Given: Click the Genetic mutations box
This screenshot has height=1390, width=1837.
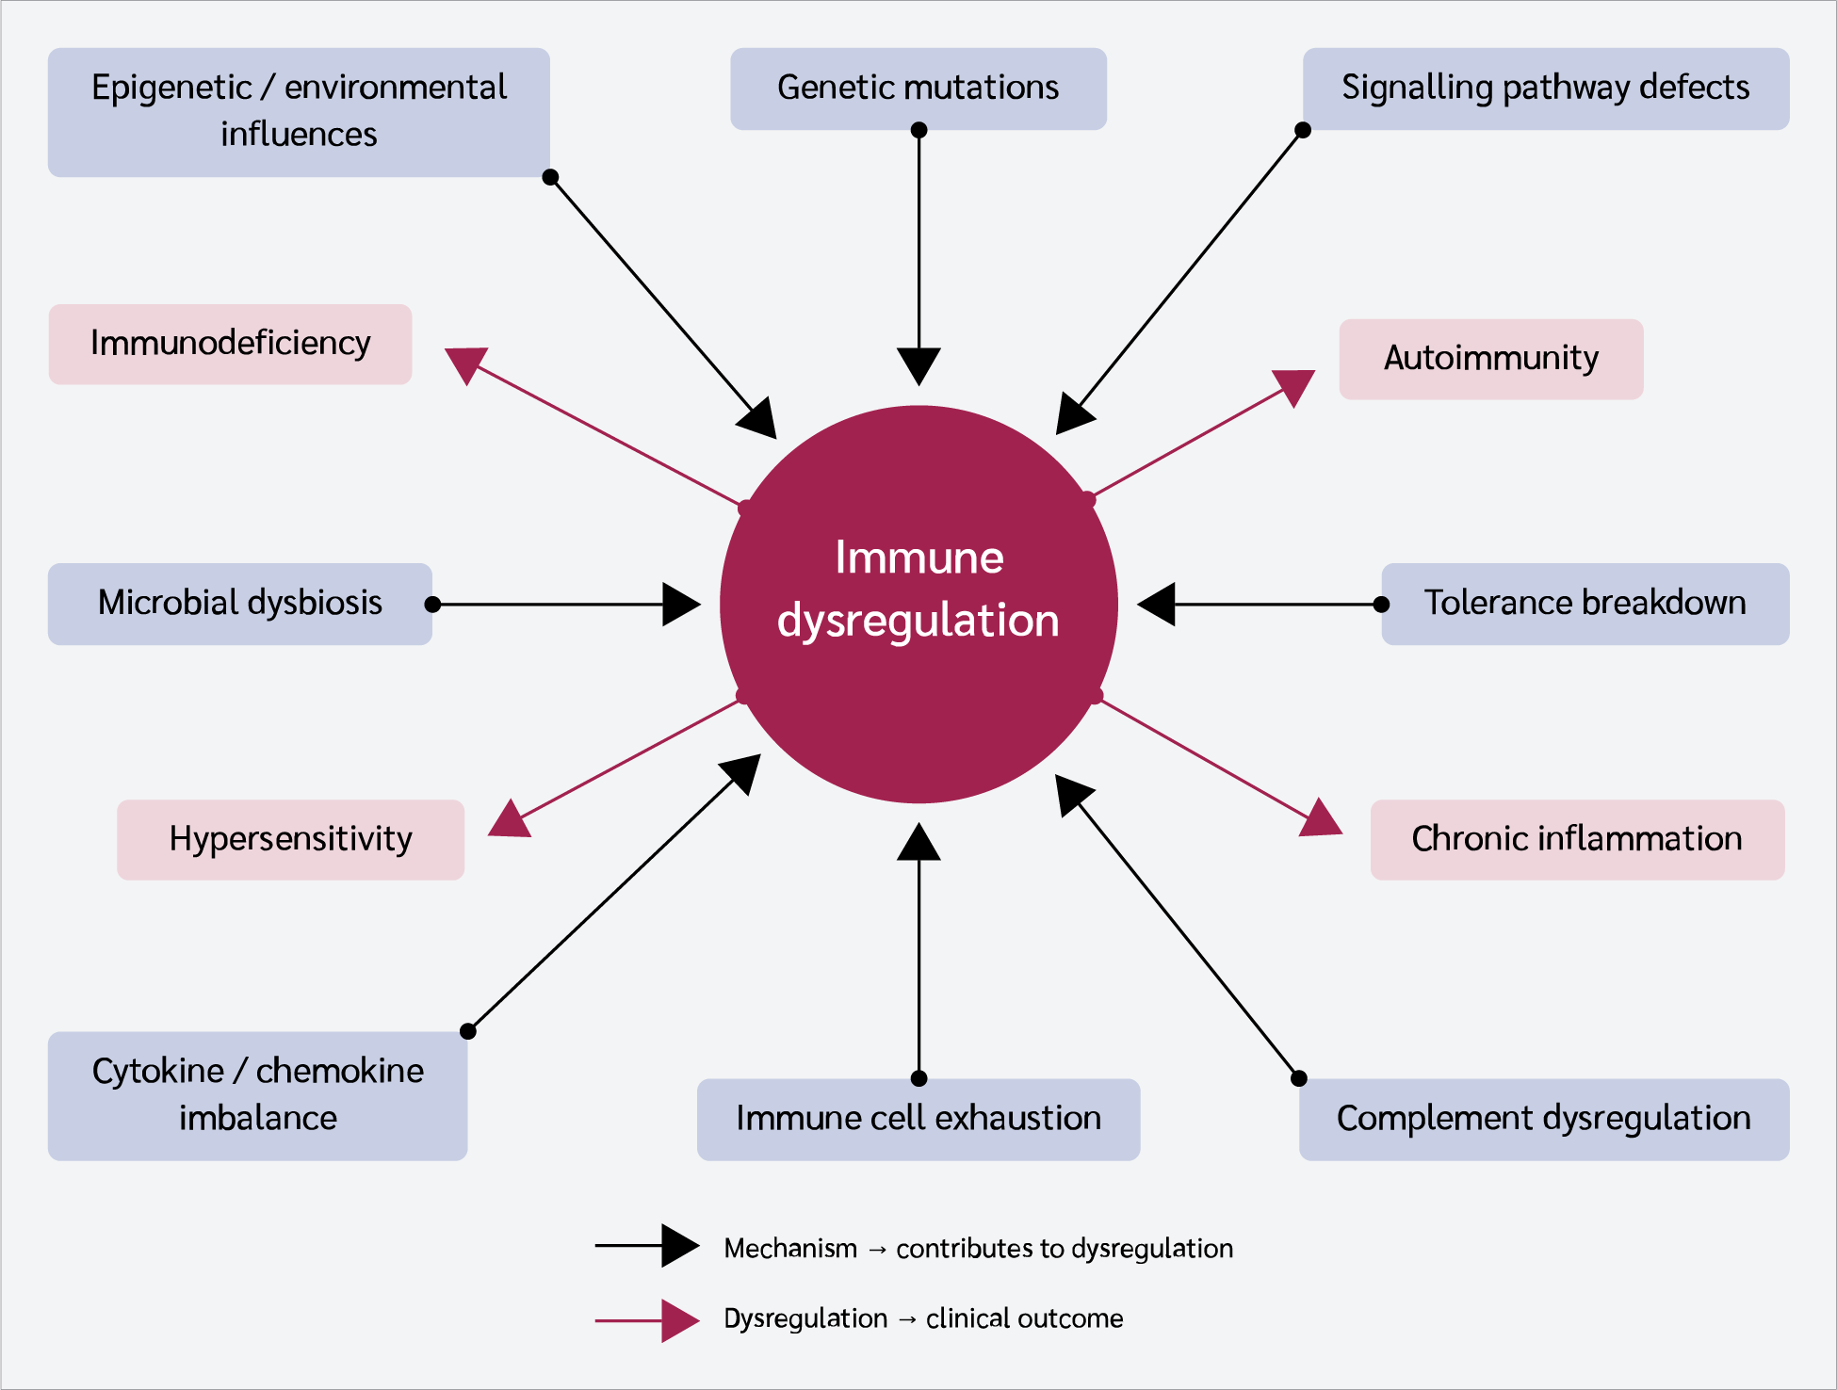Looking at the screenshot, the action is (x=918, y=89).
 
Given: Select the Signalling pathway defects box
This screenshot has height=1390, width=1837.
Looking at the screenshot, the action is (x=1546, y=89).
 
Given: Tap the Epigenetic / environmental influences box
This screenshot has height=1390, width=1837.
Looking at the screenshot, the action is (x=299, y=112).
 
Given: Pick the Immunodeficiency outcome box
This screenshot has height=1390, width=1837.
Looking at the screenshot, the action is (x=230, y=344).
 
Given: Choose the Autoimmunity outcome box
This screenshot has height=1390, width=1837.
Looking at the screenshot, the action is (x=1491, y=359).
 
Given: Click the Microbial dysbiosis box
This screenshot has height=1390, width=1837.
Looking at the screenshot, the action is (x=240, y=604).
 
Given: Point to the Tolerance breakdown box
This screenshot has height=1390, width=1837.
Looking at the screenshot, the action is (x=1585, y=604).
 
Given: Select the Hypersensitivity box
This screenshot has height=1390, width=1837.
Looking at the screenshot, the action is (x=290, y=840).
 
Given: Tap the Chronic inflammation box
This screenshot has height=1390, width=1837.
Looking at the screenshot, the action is (x=1577, y=840).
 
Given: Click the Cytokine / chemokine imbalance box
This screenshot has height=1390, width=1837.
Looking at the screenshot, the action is (x=257, y=1096).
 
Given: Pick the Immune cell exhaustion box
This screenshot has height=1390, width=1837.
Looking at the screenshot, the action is (x=918, y=1120).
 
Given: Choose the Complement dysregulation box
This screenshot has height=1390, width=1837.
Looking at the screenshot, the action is (x=1544, y=1120).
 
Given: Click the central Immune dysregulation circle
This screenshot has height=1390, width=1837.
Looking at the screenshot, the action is (x=918, y=604).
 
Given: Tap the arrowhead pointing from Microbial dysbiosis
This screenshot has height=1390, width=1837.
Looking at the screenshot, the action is (x=682, y=605).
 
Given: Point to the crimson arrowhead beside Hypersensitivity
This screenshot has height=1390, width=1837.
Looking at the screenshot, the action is (x=508, y=819).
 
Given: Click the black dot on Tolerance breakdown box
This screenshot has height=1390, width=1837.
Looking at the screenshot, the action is (x=1381, y=605).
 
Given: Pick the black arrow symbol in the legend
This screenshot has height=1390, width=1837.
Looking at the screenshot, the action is (x=647, y=1246).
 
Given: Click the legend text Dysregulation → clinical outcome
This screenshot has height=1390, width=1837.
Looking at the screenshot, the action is (x=923, y=1318).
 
